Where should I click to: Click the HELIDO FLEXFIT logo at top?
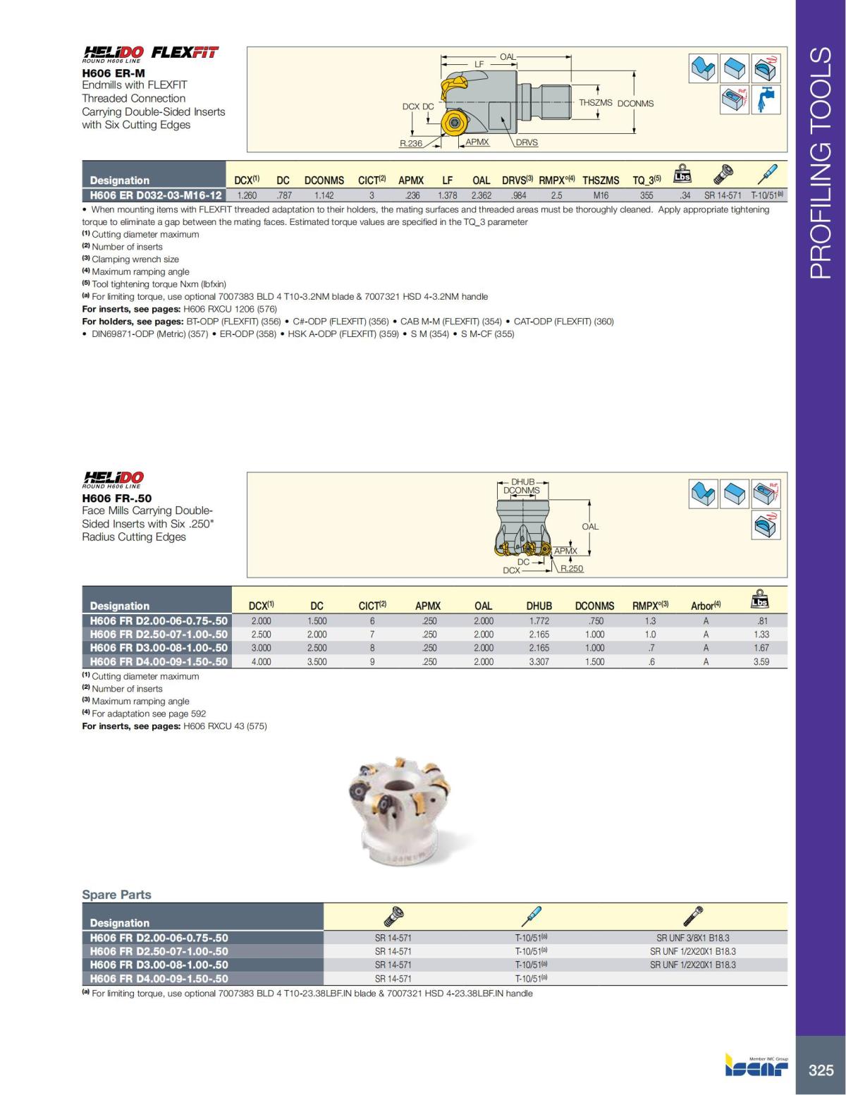(151, 53)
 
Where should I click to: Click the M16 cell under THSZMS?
(601, 195)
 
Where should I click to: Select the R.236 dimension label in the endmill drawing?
(410, 143)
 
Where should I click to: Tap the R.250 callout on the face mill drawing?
(572, 568)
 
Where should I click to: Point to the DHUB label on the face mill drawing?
(522, 482)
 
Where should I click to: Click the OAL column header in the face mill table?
(483, 606)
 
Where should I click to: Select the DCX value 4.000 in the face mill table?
(261, 662)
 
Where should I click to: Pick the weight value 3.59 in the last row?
(761, 662)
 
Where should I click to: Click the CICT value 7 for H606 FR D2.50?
(372, 635)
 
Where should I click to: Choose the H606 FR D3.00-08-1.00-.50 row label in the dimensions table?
(159, 648)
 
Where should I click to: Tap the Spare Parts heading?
(116, 895)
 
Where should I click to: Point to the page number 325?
(821, 1070)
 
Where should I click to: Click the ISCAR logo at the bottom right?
(756, 1067)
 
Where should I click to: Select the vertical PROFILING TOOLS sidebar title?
(821, 163)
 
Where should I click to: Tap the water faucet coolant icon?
(764, 99)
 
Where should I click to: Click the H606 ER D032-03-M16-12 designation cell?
(156, 195)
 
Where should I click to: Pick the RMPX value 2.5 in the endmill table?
(556, 195)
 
